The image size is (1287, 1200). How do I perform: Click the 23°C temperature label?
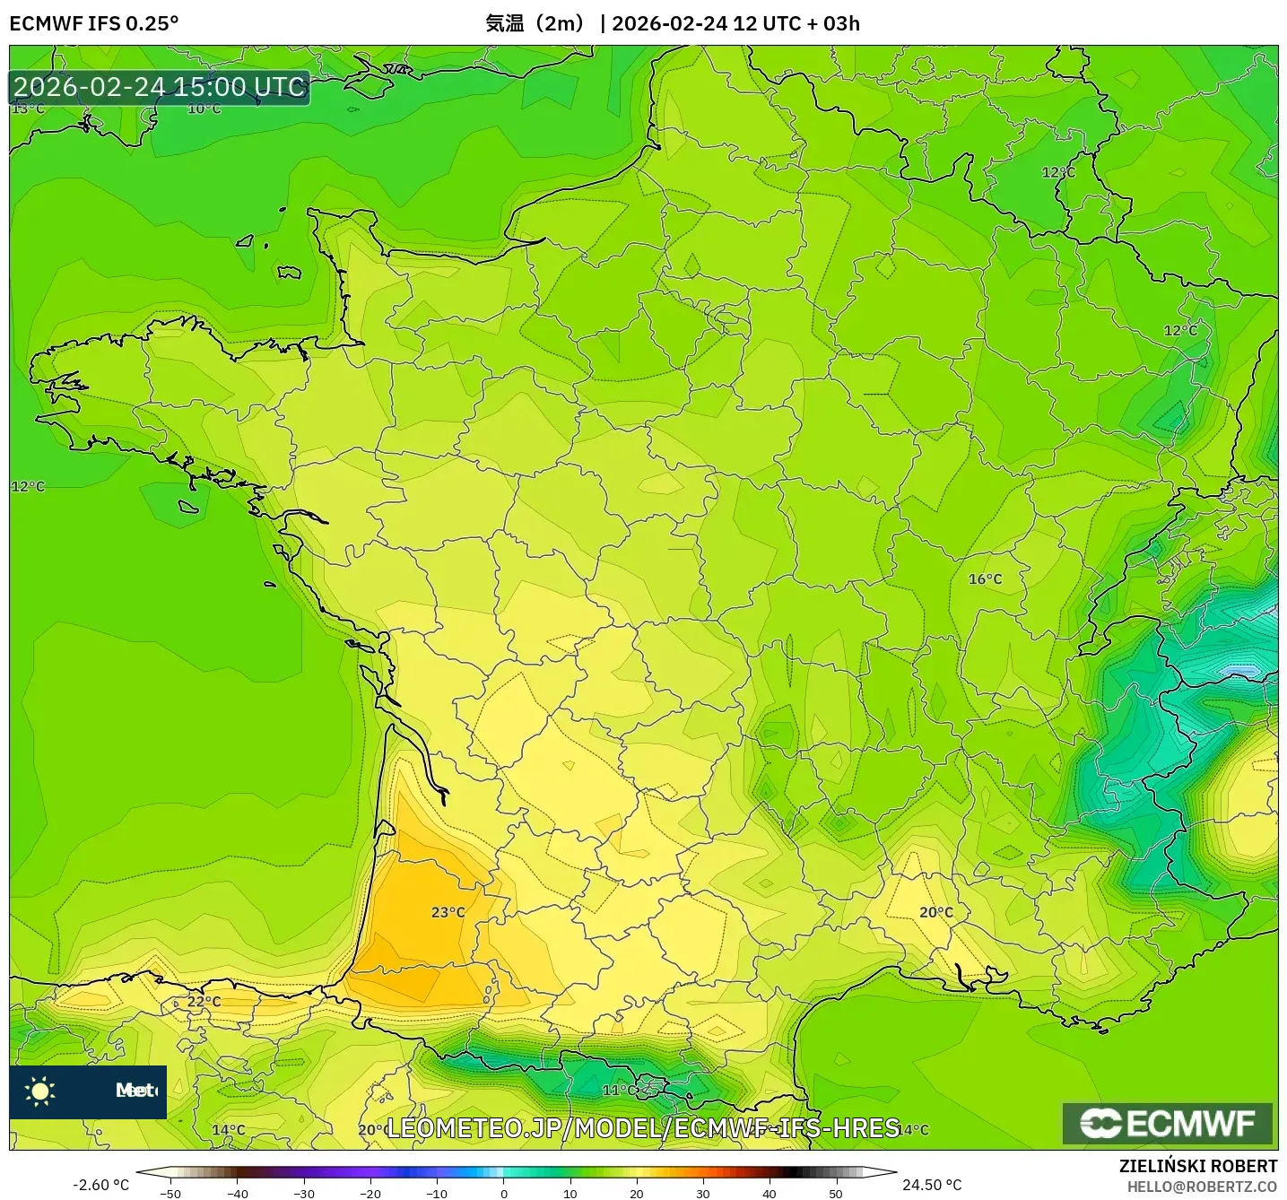click(448, 912)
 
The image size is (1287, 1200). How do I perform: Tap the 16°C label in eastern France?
click(985, 579)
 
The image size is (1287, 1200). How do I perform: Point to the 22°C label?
click(204, 1002)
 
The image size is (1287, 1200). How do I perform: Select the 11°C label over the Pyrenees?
click(619, 1091)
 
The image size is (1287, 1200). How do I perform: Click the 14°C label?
click(229, 1130)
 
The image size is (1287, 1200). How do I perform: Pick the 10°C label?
click(204, 109)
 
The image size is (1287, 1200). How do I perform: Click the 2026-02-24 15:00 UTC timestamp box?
click(160, 87)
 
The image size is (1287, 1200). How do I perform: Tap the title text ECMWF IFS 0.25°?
click(94, 23)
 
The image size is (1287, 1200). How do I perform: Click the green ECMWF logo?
click(1168, 1123)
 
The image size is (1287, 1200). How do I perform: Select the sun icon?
click(40, 1091)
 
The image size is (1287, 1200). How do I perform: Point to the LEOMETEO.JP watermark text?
click(642, 1128)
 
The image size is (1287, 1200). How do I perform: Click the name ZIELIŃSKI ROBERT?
click(1197, 1166)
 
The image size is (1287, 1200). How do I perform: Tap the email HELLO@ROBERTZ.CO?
click(1202, 1187)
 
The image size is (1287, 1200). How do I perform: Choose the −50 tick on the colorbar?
click(170, 1194)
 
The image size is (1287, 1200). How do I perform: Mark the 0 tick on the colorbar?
click(504, 1194)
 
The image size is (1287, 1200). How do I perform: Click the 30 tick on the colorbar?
click(703, 1194)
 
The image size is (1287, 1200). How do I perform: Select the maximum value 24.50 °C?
click(932, 1185)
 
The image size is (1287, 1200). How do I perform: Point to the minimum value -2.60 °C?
click(101, 1185)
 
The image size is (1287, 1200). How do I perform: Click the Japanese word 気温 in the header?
click(504, 23)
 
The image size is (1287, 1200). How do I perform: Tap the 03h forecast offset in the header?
click(841, 23)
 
